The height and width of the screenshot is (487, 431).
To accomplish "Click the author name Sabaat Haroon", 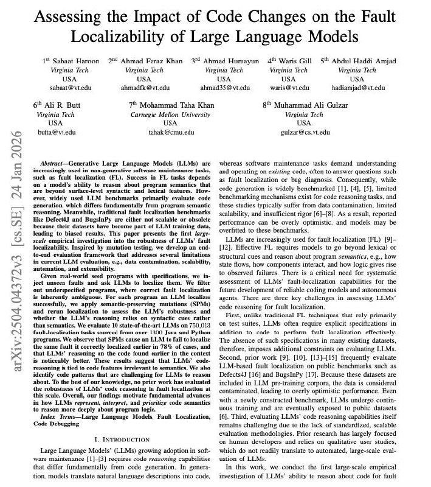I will click(68, 61).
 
